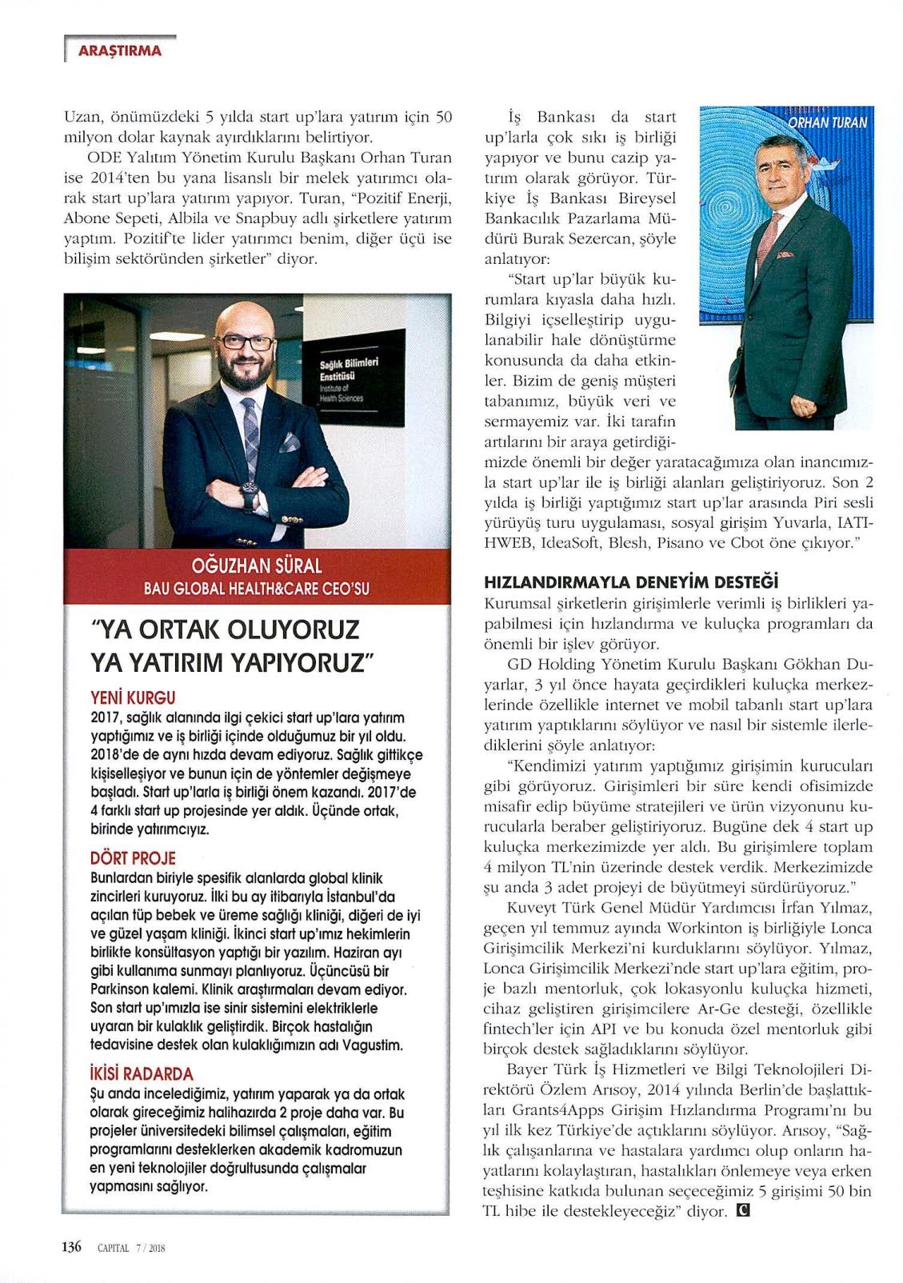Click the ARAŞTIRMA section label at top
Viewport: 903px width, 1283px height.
[119, 51]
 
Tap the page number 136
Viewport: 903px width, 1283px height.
[72, 1247]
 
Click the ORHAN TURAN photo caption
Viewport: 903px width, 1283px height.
[829, 123]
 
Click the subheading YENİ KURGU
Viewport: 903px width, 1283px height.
[134, 697]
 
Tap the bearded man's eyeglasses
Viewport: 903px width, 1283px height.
[247, 342]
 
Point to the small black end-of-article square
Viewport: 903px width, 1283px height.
[741, 1210]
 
